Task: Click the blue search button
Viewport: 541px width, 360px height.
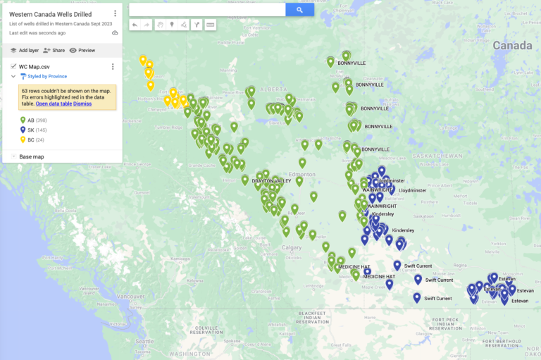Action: pyautogui.click(x=299, y=10)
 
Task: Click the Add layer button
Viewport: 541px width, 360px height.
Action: pyautogui.click(x=24, y=51)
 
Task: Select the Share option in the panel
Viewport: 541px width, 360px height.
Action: pyautogui.click(x=54, y=51)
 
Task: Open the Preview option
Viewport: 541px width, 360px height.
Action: pyautogui.click(x=82, y=51)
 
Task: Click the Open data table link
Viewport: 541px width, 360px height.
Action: pyautogui.click(x=54, y=104)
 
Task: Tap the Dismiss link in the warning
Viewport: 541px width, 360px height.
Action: pyautogui.click(x=82, y=104)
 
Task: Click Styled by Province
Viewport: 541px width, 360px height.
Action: pyautogui.click(x=47, y=76)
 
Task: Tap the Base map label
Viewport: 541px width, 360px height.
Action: pyautogui.click(x=32, y=156)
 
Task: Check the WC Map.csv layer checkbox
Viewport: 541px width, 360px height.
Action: pyautogui.click(x=13, y=66)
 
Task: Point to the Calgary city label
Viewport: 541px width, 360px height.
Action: pyautogui.click(x=291, y=247)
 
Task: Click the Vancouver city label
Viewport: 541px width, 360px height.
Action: pyautogui.click(x=130, y=297)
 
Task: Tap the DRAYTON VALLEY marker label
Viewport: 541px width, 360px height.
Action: pyautogui.click(x=271, y=181)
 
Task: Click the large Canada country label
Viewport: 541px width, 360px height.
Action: pyautogui.click(x=512, y=46)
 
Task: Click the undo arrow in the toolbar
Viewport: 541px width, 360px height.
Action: pyautogui.click(x=135, y=25)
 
